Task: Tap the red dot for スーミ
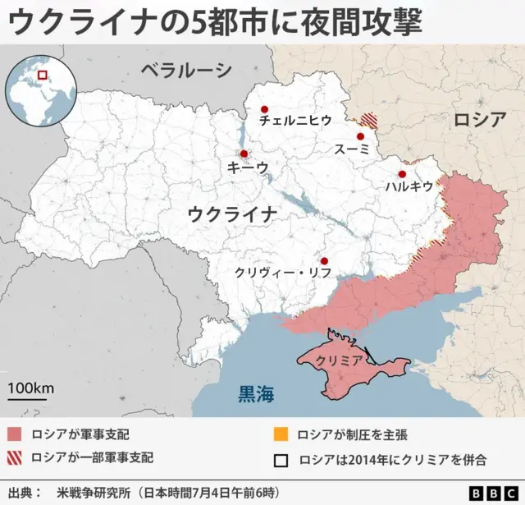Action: pos(360,136)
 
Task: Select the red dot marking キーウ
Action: pos(244,154)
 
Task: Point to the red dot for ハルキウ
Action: pos(402,174)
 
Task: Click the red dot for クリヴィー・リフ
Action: pos(324,261)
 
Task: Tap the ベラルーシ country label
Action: pos(185,71)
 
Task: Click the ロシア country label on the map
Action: pos(480,120)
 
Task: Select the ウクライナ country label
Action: pos(232,215)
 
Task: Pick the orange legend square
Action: pos(281,434)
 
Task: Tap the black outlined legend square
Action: pos(281,459)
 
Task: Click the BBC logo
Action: pos(493,493)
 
